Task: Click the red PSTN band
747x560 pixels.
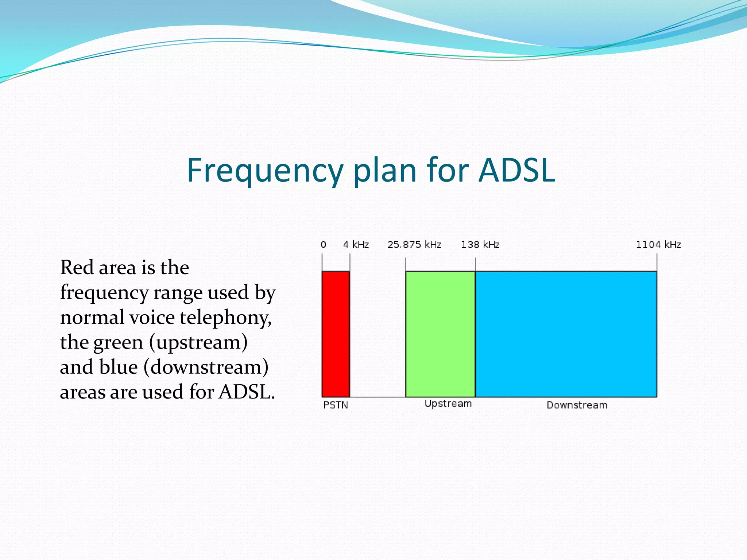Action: coord(336,334)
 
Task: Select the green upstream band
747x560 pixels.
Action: coord(440,334)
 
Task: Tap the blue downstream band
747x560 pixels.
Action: coord(566,334)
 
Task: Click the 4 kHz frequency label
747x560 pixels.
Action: coord(356,245)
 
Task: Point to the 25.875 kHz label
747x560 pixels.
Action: coord(414,245)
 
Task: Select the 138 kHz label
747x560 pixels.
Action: coord(480,245)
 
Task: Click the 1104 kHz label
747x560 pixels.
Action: coord(658,245)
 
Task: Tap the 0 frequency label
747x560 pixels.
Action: coord(323,245)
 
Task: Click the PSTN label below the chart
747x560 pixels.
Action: coord(336,405)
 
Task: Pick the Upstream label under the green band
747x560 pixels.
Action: coord(448,404)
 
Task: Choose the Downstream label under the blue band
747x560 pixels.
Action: coord(577,405)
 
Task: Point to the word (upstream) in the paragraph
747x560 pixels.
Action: coord(198,342)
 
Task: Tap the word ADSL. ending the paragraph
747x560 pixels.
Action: coord(247,392)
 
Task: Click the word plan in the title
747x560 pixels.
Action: coord(385,171)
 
